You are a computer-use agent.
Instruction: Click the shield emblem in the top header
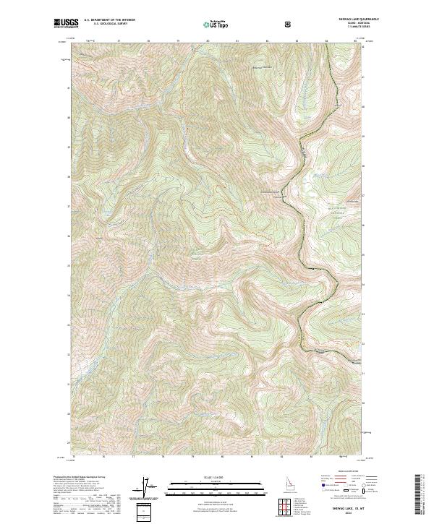click(289, 24)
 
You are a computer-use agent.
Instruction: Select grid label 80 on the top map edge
click(208, 41)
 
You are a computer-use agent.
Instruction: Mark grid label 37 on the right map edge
click(364, 195)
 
